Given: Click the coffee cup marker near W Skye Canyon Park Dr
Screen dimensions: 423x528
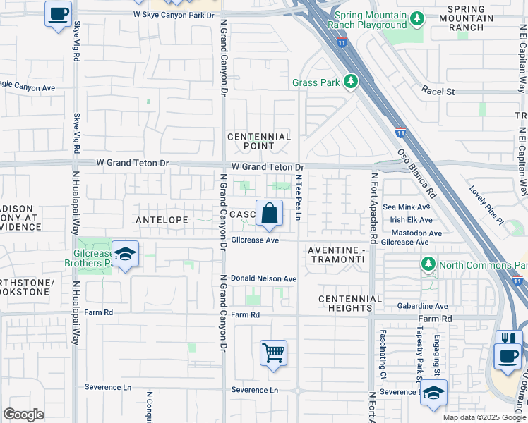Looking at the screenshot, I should [x=58, y=13].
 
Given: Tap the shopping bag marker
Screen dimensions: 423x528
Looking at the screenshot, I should [x=269, y=214].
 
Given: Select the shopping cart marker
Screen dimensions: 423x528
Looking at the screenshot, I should [x=273, y=352].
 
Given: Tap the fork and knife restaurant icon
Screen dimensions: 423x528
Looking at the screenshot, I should [x=509, y=340].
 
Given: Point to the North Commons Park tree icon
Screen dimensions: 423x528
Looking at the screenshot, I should [x=428, y=264].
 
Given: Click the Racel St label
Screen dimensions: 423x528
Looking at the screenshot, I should [x=438, y=91].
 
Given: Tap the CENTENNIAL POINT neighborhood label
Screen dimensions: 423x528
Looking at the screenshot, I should [x=259, y=141].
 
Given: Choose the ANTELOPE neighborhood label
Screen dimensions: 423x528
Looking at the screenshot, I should [x=162, y=220].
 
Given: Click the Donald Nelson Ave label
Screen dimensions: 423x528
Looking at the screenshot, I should [x=264, y=278].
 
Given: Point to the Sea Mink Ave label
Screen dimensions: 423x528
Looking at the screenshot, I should [x=406, y=207].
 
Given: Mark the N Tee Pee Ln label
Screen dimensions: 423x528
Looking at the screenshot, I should [x=299, y=197].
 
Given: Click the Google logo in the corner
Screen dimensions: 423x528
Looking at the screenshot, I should [x=23, y=415].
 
